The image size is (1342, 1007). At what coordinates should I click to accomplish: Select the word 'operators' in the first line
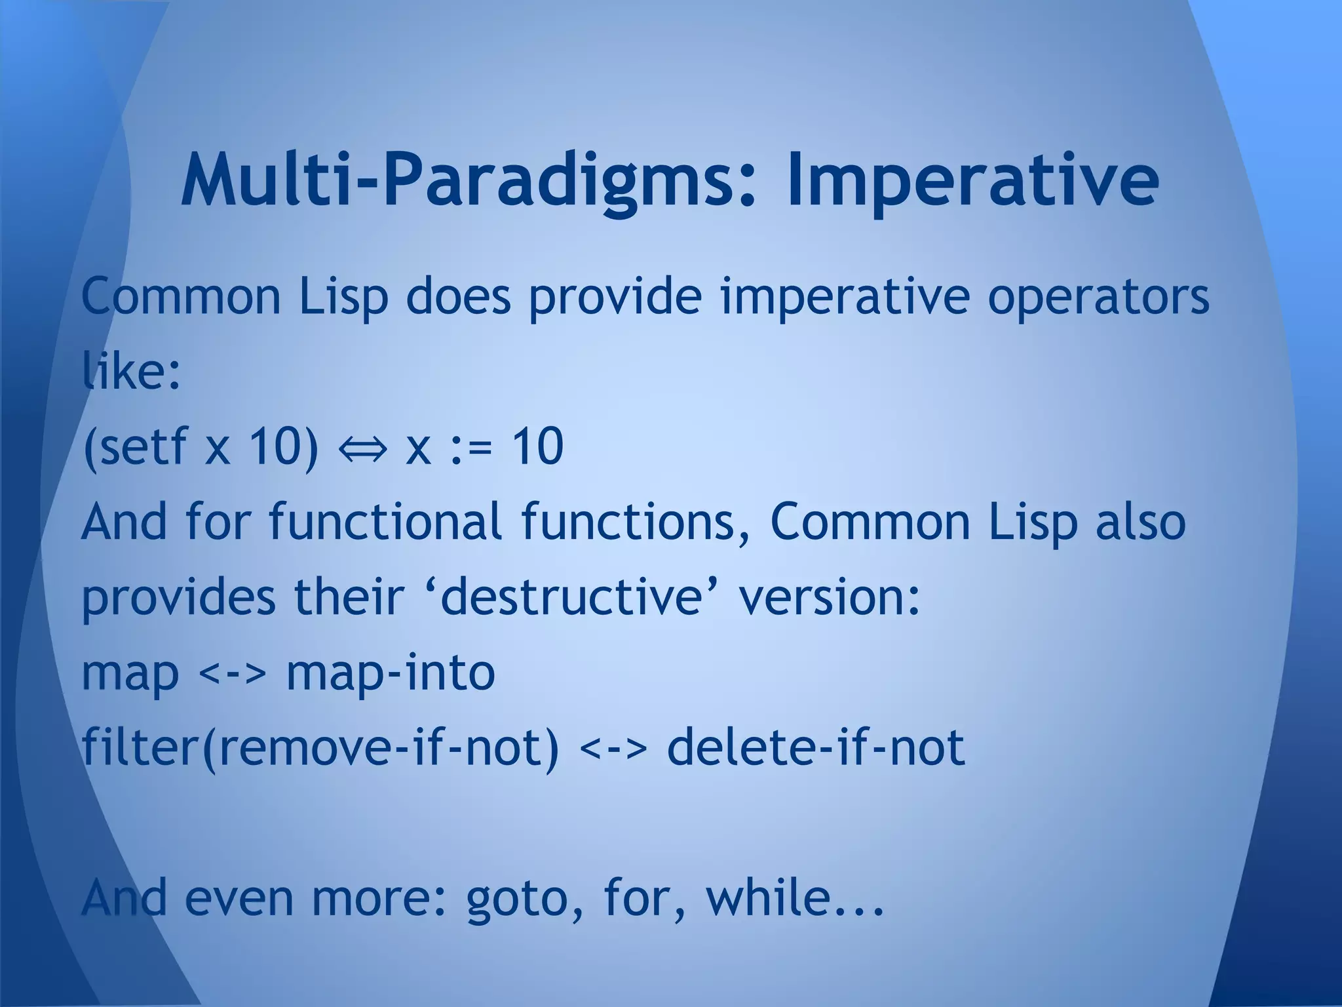1098,297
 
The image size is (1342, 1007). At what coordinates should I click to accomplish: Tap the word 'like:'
131,371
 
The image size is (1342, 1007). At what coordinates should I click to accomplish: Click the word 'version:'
830,597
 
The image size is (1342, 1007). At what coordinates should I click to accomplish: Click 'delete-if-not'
816,748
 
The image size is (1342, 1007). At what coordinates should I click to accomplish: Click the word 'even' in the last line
239,899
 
